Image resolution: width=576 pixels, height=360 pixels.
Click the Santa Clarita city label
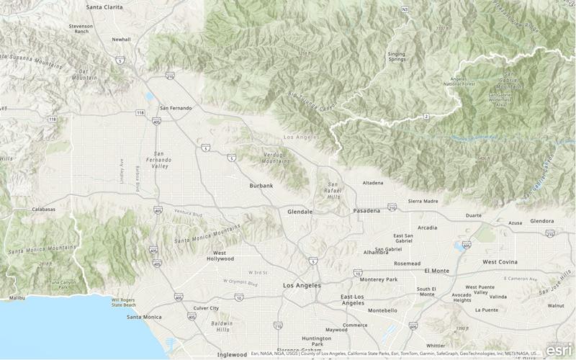click(104, 6)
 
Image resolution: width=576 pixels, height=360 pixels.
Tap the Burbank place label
click(261, 186)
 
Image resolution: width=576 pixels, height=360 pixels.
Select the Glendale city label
click(300, 212)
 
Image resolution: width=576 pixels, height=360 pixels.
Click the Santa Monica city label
click(143, 317)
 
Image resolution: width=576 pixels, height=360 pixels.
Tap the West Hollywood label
click(220, 257)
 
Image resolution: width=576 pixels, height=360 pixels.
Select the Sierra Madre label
click(423, 202)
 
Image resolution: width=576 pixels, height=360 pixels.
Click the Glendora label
click(541, 221)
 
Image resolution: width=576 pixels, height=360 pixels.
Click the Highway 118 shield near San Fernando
click(140, 113)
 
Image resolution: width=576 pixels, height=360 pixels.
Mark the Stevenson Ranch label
click(80, 29)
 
